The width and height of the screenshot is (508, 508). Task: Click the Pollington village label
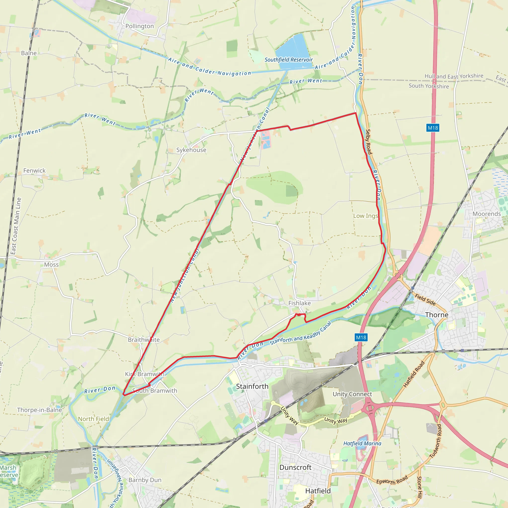point(139,26)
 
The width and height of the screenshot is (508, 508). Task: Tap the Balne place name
point(29,53)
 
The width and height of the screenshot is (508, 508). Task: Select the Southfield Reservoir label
point(288,60)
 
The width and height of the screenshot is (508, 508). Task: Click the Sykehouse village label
point(191,150)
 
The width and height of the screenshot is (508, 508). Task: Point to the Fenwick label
point(34,171)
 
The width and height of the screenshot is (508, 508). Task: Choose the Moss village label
point(51,264)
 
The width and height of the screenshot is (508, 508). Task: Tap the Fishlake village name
point(299,303)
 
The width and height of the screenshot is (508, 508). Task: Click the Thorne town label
point(437,315)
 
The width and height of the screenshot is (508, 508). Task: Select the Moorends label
point(487,214)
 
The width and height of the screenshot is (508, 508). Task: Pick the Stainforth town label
point(252,386)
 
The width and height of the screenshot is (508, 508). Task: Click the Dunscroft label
point(295,467)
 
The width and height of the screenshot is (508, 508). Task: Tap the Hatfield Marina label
point(362,443)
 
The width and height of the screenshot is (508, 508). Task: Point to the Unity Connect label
point(352,394)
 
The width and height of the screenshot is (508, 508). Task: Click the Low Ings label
point(365,216)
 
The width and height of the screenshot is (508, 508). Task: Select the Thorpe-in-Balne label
point(39,410)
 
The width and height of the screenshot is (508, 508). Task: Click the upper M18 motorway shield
point(433,128)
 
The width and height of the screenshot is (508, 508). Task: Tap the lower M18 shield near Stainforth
point(361,337)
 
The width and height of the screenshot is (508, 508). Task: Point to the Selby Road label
point(369,142)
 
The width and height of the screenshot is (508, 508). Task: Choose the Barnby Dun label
point(145,480)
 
